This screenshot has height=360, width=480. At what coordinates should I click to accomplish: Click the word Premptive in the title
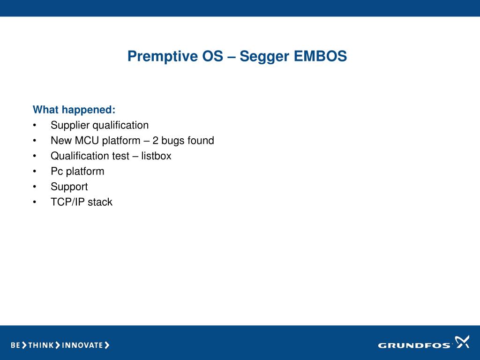(163, 57)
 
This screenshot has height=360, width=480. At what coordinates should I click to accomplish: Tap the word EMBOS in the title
(320, 56)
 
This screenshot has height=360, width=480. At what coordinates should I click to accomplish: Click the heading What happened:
(74, 110)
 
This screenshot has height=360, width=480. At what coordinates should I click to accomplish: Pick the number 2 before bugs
(155, 141)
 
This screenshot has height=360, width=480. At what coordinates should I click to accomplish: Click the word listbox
(156, 156)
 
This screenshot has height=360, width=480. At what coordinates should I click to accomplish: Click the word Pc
(57, 171)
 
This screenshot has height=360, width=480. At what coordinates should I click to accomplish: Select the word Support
(69, 187)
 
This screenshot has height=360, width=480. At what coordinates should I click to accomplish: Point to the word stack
(100, 202)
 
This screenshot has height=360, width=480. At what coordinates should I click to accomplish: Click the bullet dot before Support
(35, 187)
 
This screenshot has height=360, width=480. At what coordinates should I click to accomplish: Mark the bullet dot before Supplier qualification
(35, 125)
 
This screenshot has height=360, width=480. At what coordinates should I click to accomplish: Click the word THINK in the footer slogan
(41, 345)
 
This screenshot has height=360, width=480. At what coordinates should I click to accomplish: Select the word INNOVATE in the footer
(82, 345)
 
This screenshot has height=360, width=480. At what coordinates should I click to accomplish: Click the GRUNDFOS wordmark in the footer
(414, 345)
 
